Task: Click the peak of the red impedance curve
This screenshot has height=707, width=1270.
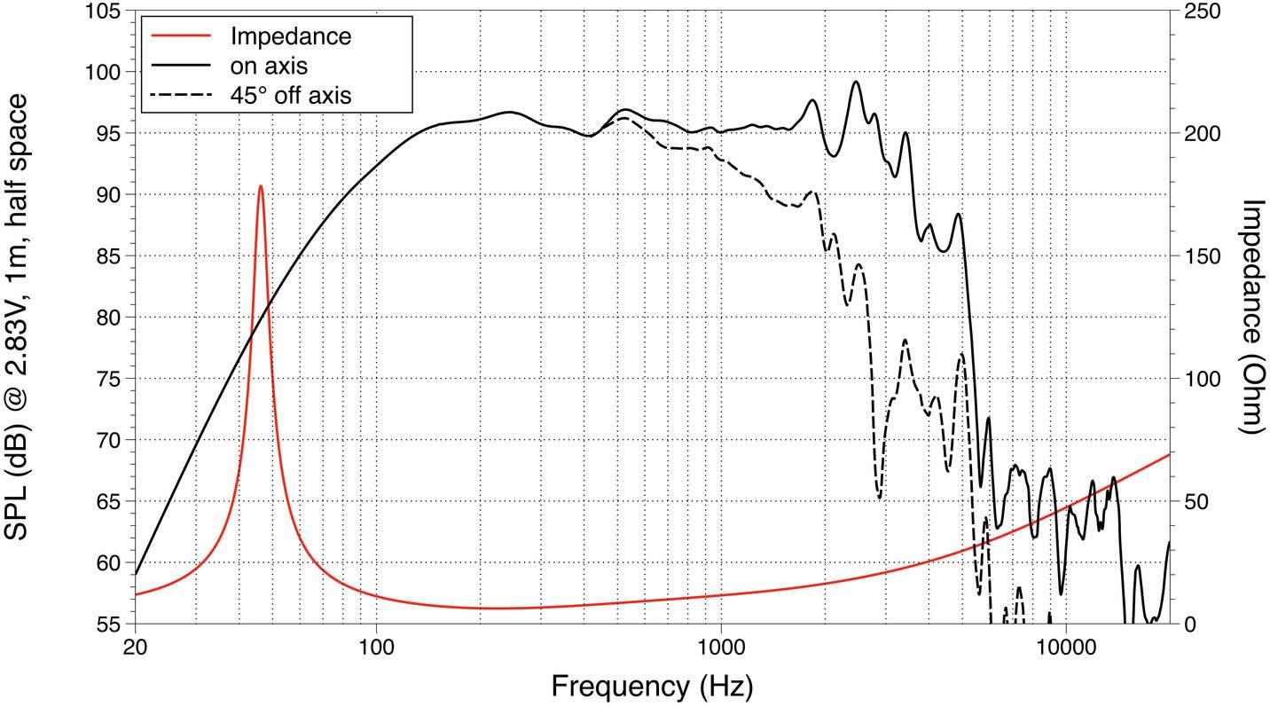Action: [x=260, y=186]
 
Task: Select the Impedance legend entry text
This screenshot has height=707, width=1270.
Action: [x=290, y=36]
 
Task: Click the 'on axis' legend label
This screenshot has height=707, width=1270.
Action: [x=269, y=66]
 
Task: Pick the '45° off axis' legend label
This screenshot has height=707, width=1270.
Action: [x=290, y=95]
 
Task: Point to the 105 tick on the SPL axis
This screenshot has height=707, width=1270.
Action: [x=106, y=12]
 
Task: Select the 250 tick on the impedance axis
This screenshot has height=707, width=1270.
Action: [x=1201, y=12]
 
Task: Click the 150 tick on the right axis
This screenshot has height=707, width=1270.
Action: [x=1201, y=256]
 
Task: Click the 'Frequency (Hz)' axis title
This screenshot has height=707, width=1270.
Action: [x=652, y=686]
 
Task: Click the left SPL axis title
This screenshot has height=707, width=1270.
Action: [x=20, y=317]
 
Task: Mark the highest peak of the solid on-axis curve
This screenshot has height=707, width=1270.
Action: [x=856, y=82]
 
